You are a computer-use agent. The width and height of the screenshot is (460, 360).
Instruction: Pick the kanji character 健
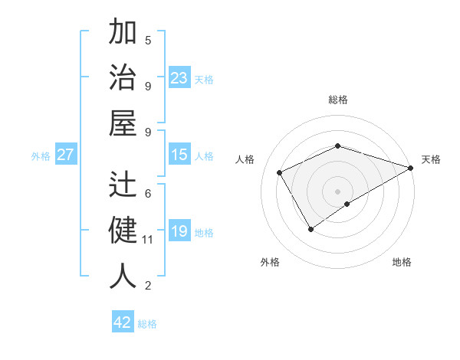coord(123,231)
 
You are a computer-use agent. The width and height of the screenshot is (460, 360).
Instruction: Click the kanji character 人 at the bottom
coord(123,277)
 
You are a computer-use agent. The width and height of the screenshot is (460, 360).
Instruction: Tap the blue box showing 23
coord(179,78)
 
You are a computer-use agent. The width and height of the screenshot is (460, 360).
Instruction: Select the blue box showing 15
coord(179,155)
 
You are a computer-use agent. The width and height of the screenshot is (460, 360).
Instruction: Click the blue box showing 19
coord(179,231)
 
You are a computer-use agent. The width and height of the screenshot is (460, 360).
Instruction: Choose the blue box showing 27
coord(66,155)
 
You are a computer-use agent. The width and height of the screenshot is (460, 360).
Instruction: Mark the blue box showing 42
coord(123,322)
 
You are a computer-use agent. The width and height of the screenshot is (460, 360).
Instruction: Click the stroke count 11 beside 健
coord(148,240)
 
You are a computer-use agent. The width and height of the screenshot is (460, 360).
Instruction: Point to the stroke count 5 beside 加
coord(148,40)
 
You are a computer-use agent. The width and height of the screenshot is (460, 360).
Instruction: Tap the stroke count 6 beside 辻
coord(148,193)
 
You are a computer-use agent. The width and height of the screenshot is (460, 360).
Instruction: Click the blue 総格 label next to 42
coord(147,324)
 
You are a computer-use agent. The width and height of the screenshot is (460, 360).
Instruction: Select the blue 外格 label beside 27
coord(41,156)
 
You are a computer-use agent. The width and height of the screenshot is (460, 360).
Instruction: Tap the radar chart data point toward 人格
coord(280,173)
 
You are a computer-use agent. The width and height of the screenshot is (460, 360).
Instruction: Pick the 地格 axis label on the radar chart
coord(402,262)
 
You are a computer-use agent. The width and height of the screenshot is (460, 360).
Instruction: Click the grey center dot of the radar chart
coord(337,190)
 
